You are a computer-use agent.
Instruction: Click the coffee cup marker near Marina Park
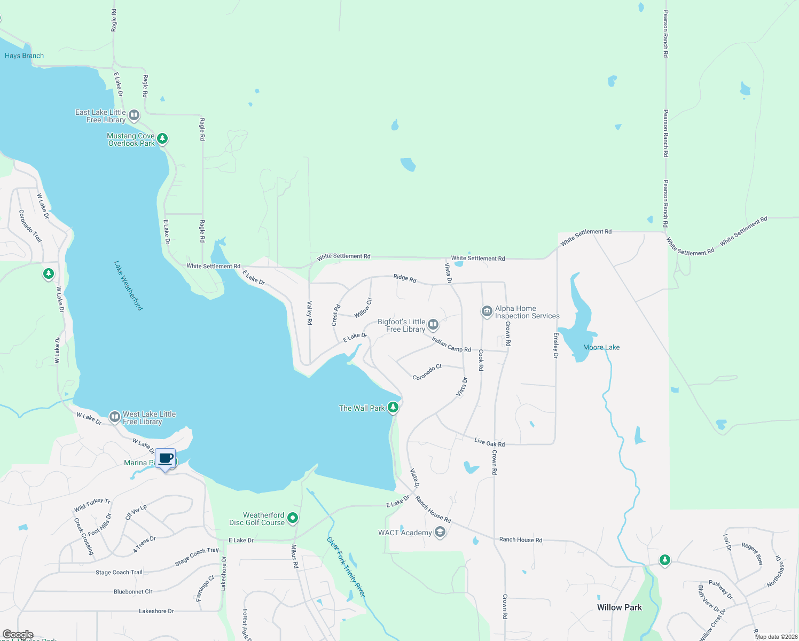(166, 459)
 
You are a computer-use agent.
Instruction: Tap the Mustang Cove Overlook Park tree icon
(162, 139)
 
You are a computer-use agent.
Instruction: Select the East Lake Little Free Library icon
(134, 115)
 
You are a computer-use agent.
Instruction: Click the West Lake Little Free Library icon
(114, 417)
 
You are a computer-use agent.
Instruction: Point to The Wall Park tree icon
(393, 408)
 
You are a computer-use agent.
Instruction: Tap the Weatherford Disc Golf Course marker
(293, 518)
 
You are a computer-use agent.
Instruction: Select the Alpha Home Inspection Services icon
(487, 311)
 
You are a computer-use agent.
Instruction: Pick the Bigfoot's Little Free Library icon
(433, 324)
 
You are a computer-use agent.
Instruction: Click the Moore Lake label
(601, 347)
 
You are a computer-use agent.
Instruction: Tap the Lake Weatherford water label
(129, 285)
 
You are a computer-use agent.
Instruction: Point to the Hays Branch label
(25, 56)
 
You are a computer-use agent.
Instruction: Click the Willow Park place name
(620, 607)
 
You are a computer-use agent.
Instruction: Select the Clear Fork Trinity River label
(346, 567)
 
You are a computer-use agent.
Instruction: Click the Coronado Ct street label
(427, 372)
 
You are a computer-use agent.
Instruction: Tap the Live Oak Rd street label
(489, 442)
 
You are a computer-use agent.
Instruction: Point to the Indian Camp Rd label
(451, 345)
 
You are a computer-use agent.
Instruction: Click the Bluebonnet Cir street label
(133, 591)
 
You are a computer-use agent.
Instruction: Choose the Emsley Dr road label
(556, 345)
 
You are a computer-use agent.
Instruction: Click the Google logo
(18, 635)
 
